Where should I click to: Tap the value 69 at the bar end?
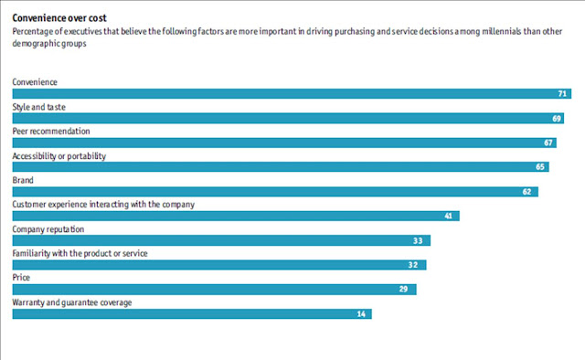click(558, 119)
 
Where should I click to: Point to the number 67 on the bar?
click(549, 143)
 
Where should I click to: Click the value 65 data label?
click(540, 167)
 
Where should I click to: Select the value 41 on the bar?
click(449, 217)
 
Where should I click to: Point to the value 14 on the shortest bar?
click(362, 314)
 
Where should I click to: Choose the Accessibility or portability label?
click(59, 156)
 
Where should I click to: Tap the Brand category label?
click(23, 181)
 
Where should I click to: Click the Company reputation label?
click(49, 229)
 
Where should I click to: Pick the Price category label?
click(21, 278)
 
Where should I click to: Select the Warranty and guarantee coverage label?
click(72, 302)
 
